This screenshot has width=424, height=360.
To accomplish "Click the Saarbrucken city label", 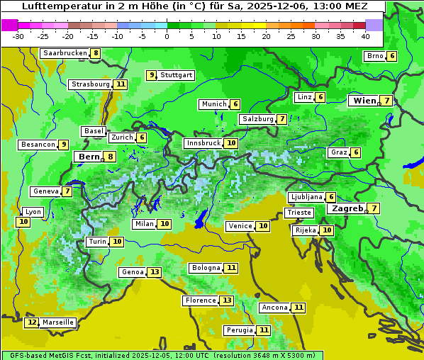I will (x=65, y=53).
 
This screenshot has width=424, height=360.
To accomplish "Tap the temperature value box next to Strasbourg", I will (x=121, y=84).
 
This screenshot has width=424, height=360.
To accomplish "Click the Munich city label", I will (x=214, y=104).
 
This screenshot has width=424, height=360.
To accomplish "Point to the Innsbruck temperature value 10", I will (x=231, y=143).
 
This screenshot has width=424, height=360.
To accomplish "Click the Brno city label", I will (x=374, y=56).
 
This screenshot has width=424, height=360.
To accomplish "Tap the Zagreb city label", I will (x=347, y=208).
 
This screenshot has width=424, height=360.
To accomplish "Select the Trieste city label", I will (x=299, y=213).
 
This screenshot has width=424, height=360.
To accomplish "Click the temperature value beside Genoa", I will (x=154, y=272).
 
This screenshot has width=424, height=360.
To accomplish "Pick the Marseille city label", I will (x=57, y=322).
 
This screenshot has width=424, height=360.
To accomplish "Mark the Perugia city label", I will (x=239, y=330).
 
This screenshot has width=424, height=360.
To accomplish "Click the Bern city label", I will (x=89, y=157).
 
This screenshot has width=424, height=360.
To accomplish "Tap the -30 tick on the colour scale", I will (x=18, y=36).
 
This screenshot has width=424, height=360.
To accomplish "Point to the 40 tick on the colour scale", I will (x=365, y=36).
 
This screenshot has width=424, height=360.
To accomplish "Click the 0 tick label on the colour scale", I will (x=167, y=36).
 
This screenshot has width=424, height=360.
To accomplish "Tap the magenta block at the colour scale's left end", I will (x=10, y=25).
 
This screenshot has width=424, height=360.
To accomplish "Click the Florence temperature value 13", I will (x=226, y=300).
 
